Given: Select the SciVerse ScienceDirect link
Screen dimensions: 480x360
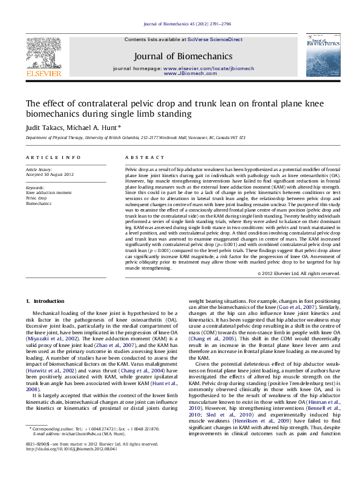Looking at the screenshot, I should (215, 39).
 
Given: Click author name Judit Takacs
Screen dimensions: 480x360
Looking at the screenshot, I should (44, 128).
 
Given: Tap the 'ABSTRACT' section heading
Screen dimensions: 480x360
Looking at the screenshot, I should (140, 157).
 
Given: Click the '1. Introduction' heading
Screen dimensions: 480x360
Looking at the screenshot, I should (45, 300).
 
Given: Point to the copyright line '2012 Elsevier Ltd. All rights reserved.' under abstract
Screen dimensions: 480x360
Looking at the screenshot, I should (299, 273).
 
